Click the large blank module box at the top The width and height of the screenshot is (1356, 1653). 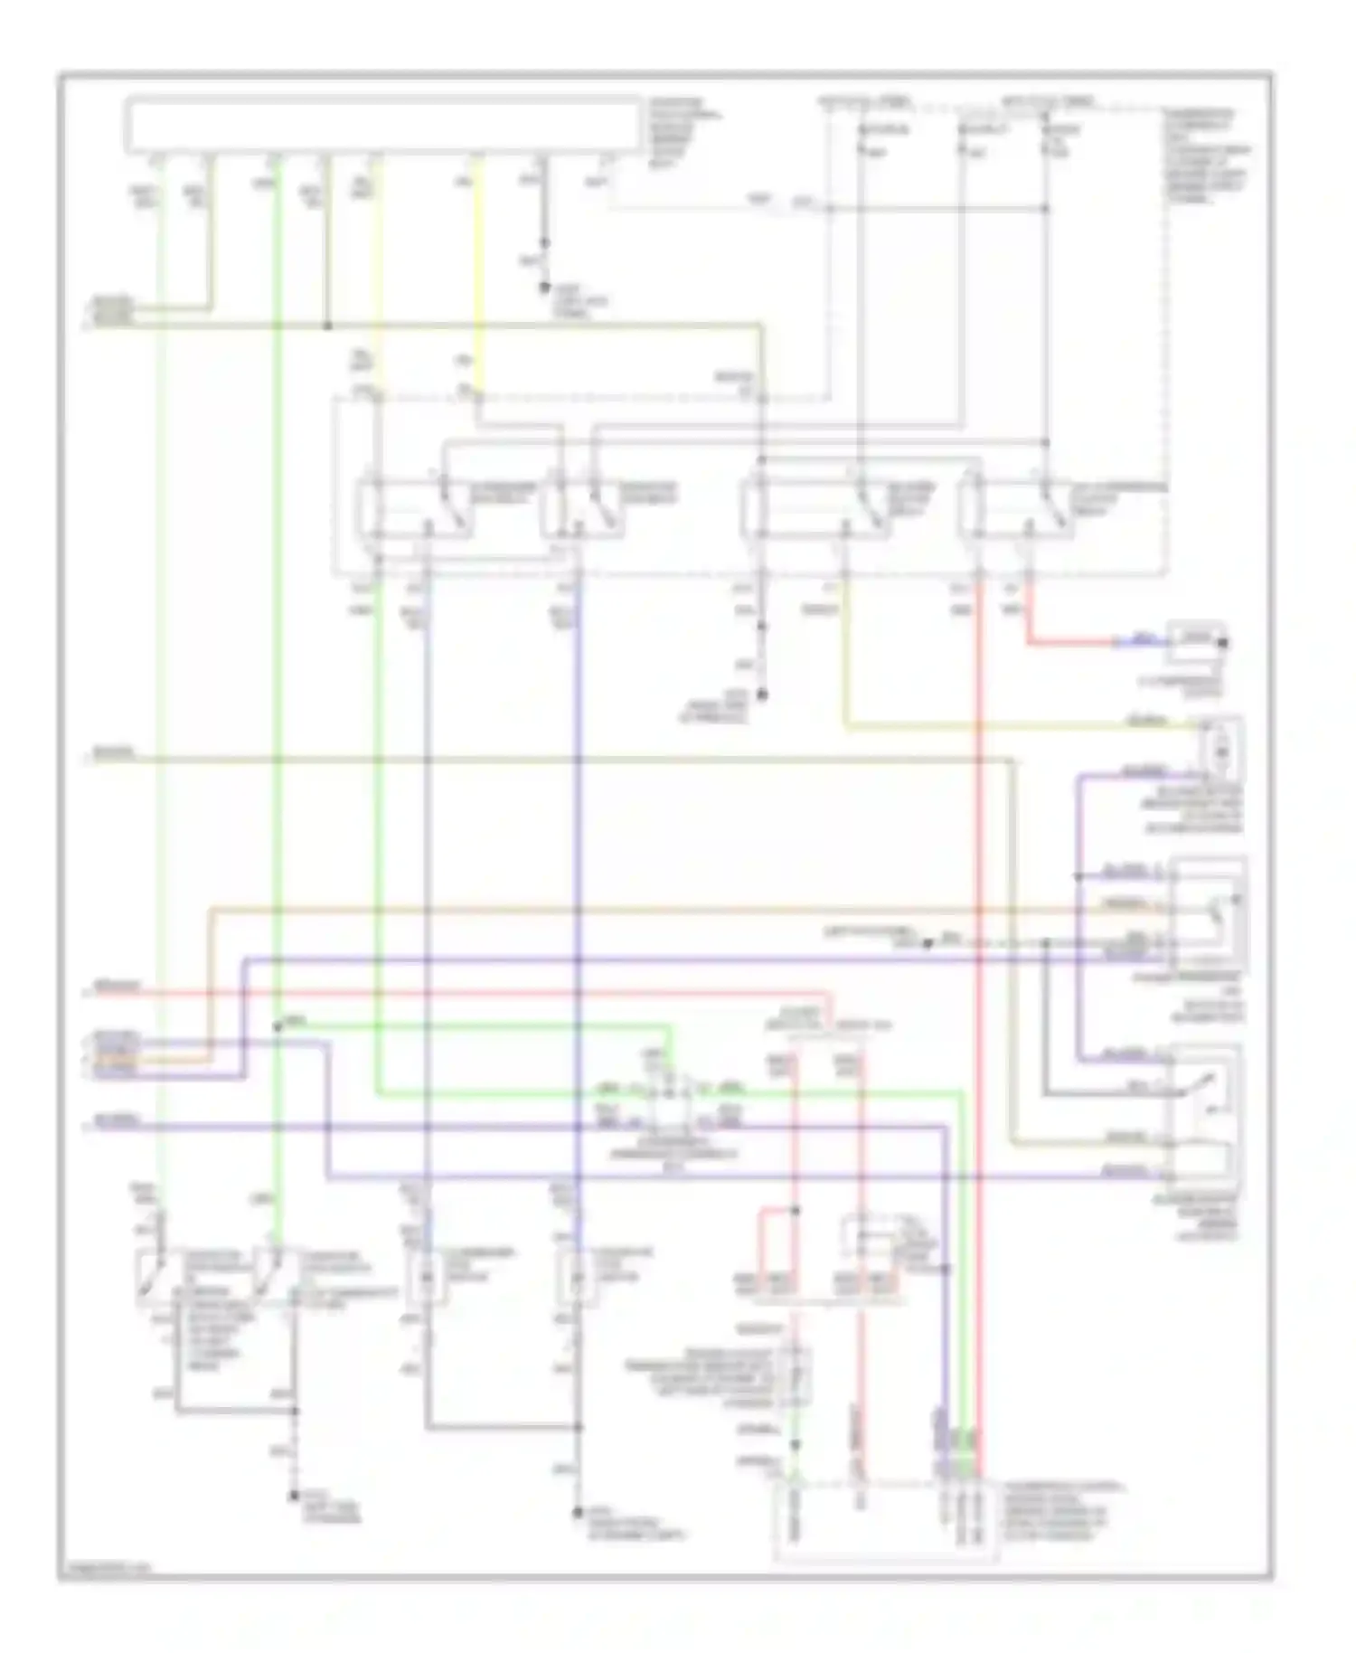[383, 124]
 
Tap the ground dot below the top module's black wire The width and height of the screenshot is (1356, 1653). [544, 288]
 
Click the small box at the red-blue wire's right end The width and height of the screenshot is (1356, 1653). [1195, 640]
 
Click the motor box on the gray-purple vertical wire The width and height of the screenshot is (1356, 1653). [427, 1277]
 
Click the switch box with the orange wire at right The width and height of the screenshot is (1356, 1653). [1210, 913]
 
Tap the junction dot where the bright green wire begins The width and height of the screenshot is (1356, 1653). [278, 1026]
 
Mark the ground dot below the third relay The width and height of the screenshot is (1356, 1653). [762, 694]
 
